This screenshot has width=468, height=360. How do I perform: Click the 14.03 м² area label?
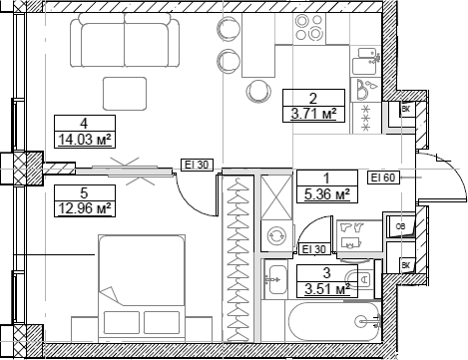click(x=83, y=140)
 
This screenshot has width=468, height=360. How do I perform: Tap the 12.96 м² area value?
click(x=83, y=208)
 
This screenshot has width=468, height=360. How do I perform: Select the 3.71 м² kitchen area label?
click(x=312, y=115)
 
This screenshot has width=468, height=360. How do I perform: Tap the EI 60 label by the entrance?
click(x=382, y=178)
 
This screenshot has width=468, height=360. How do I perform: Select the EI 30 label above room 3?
click(x=314, y=249)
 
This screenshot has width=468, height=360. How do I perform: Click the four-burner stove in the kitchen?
click(x=366, y=115)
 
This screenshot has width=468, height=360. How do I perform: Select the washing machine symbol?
click(x=273, y=237)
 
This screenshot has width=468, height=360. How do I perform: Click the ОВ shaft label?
click(x=399, y=226)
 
